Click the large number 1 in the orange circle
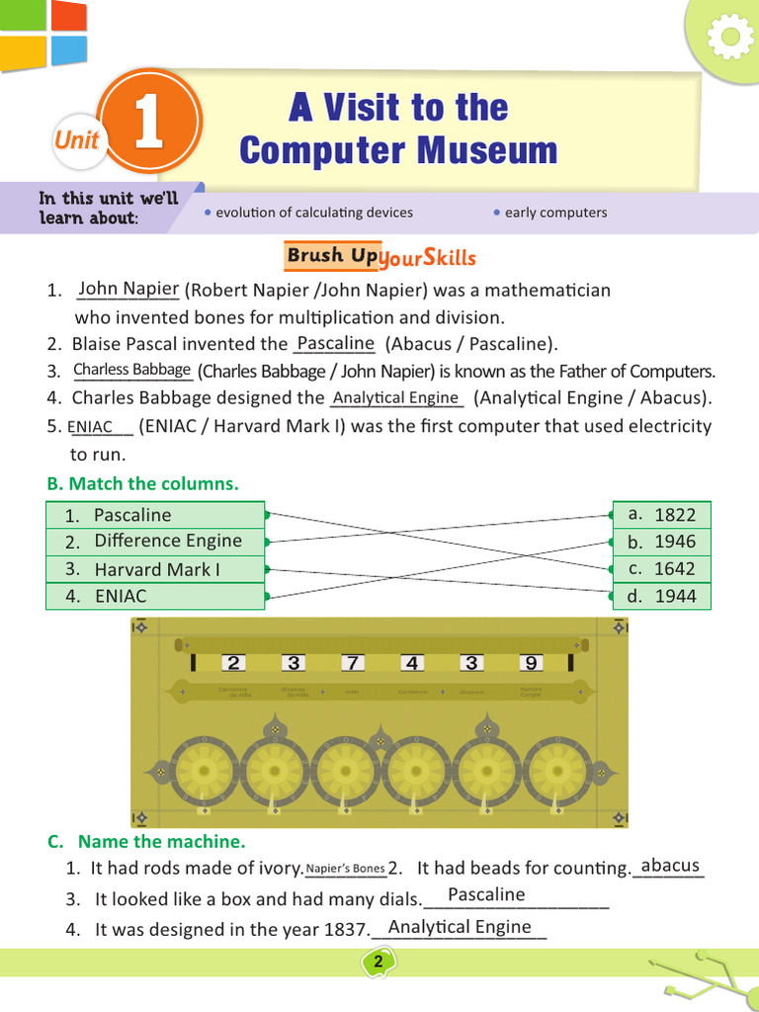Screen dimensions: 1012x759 coord(148,129)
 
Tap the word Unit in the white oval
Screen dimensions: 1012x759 coord(76,140)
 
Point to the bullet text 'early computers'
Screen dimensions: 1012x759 coord(555,212)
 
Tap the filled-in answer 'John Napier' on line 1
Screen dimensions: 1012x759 coord(126,290)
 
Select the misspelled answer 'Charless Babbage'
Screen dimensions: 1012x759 coord(132,370)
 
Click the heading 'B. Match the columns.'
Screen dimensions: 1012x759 coord(143,483)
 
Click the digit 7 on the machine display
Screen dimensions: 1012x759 coord(353,663)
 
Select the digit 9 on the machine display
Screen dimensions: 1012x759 coord(532,663)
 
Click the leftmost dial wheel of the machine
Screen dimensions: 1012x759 coord(204,772)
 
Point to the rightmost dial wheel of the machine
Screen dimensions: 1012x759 coord(558,772)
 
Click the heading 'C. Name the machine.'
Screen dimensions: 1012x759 coord(146,842)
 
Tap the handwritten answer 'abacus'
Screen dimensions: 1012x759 coord(670,866)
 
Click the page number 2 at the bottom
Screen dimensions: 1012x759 coord(379,962)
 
